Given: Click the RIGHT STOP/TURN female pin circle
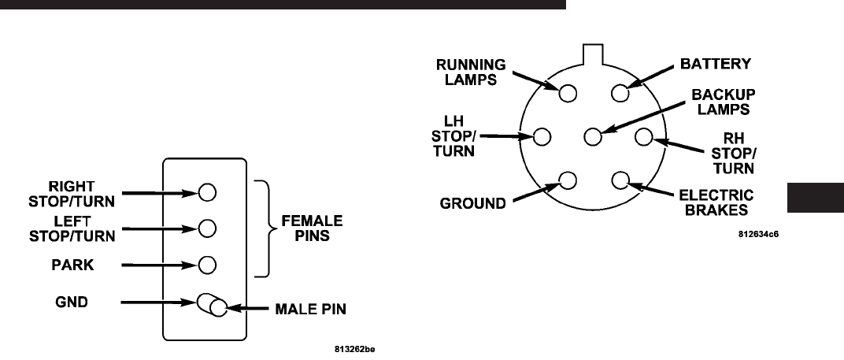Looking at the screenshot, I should pyautogui.click(x=207, y=191).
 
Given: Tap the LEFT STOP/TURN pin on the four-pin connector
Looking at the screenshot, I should pyautogui.click(x=207, y=228).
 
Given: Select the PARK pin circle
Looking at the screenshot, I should pyautogui.click(x=207, y=264).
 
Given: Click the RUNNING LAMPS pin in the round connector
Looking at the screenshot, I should pyautogui.click(x=567, y=93).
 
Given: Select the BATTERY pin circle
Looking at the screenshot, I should pyautogui.click(x=619, y=93).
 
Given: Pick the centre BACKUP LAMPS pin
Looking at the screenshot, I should pyautogui.click(x=593, y=137).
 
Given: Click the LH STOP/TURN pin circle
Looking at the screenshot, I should pyautogui.click(x=542, y=137).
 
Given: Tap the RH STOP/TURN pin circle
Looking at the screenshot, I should pyautogui.click(x=643, y=137).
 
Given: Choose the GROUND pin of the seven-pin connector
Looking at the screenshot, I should pyautogui.click(x=567, y=180).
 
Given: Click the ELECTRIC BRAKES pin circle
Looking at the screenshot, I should pyautogui.click(x=619, y=180).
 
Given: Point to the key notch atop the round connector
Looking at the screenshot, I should pyautogui.click(x=592, y=54).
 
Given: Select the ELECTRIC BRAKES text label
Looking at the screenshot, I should pyautogui.click(x=716, y=202).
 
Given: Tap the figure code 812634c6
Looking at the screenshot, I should pyautogui.click(x=763, y=234).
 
